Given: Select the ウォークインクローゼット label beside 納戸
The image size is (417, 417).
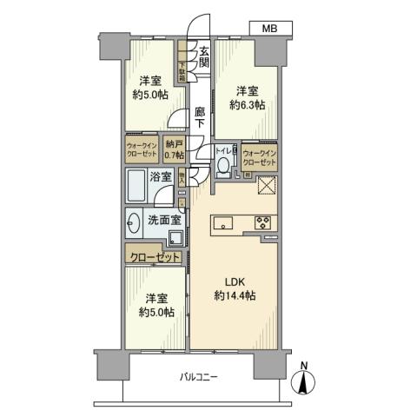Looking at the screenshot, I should point(141,149).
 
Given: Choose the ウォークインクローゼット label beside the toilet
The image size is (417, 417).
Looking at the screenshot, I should point(260,157).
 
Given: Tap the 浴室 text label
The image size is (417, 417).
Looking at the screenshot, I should point(161,176).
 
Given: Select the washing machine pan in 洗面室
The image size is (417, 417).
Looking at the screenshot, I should point(176,239).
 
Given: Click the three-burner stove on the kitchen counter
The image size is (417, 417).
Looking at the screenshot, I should point(262,222).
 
